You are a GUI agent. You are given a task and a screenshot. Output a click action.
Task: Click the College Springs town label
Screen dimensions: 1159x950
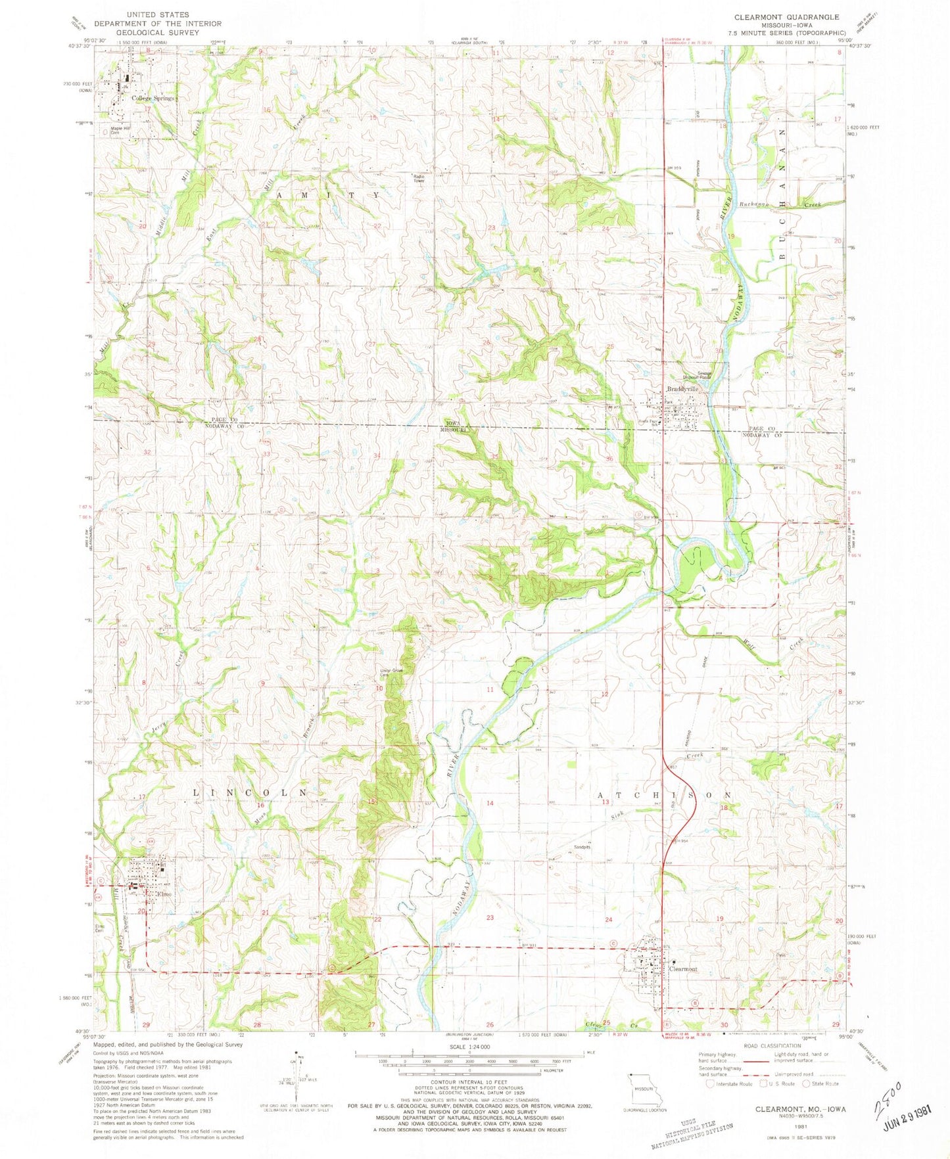[x=153, y=99]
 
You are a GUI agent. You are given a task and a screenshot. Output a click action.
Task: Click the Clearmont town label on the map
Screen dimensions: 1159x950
[x=682, y=969]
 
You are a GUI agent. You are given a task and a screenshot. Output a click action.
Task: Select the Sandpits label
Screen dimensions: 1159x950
[x=582, y=847]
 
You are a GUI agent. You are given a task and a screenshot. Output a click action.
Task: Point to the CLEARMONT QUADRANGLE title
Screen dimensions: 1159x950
[x=777, y=17]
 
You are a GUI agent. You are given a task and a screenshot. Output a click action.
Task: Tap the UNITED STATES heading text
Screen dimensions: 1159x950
[x=158, y=14]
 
